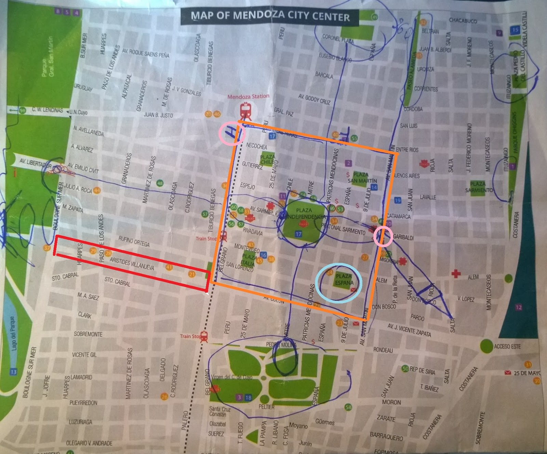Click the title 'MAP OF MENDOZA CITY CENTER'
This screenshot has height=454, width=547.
[x=270, y=16]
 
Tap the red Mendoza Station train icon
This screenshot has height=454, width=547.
[x=245, y=111]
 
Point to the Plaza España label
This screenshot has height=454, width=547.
[x=344, y=279]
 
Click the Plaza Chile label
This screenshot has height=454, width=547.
[x=267, y=159]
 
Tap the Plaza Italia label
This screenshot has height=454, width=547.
[x=249, y=259]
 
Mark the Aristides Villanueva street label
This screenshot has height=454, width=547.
[x=132, y=263]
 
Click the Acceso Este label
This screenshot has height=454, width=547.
[x=507, y=347]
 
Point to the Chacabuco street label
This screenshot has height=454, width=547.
[x=463, y=21]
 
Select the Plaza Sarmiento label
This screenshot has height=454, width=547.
[x=479, y=187]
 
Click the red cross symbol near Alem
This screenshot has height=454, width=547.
[x=456, y=273]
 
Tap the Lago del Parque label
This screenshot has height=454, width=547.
[x=13, y=333]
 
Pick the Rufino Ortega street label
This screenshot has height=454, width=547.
[x=134, y=241]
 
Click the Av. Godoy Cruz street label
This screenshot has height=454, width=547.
[x=314, y=99]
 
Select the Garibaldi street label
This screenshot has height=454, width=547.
[x=403, y=237]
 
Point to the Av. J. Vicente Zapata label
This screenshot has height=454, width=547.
[x=409, y=330]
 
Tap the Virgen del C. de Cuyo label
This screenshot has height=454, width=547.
[x=231, y=377]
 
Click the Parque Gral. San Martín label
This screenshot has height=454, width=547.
[x=48, y=57]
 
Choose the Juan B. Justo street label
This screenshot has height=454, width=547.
[x=158, y=115]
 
